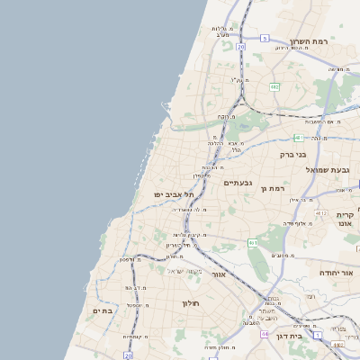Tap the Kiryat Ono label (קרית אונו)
tap(346, 220)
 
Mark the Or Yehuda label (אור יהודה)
tap(338, 272)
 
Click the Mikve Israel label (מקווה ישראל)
tap(186, 270)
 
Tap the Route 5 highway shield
tap(265, 39)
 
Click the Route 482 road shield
tap(274, 86)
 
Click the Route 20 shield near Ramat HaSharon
tap(241, 46)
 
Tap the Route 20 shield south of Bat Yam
tap(129, 355)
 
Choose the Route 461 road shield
tap(254, 242)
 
